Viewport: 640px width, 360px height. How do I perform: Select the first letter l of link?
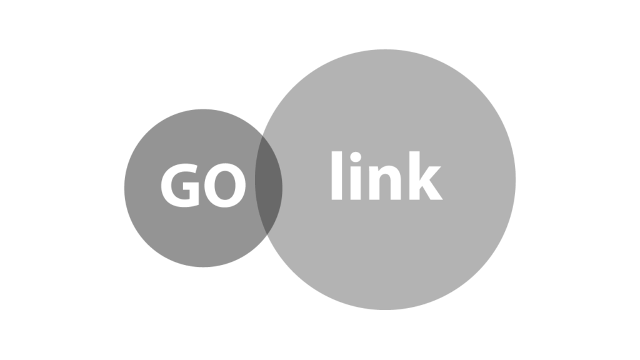337,176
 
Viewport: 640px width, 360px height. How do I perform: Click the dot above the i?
356,157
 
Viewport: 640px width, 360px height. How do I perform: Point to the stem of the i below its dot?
356,183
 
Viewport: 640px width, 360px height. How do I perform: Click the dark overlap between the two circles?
268,186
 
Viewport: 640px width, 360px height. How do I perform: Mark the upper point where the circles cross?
262,135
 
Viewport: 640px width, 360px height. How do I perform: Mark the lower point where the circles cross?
267,235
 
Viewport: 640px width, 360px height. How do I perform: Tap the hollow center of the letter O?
225,185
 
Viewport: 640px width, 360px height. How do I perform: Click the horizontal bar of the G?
191,186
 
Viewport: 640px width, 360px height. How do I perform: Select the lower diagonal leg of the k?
432,190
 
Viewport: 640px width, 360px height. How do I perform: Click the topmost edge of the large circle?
385,49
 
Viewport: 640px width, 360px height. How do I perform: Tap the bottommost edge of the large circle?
385,310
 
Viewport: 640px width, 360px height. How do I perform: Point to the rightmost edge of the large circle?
516,179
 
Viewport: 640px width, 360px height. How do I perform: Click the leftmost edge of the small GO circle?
124,188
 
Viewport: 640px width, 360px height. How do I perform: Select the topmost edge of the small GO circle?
203,109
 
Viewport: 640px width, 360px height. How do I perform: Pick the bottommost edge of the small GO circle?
203,267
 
